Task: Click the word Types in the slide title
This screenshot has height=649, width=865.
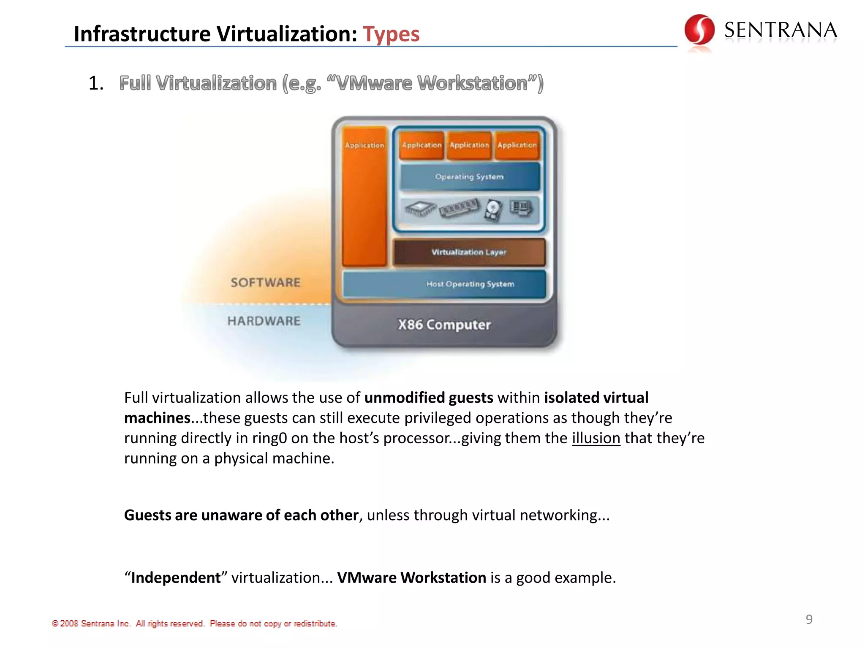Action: point(391,34)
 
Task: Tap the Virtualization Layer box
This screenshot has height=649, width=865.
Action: point(469,252)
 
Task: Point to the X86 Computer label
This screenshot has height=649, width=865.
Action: point(444,324)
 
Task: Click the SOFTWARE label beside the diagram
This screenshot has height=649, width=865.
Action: point(265,282)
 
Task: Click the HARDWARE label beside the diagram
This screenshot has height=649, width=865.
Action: point(264,321)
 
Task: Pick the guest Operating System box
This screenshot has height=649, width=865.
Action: point(469,177)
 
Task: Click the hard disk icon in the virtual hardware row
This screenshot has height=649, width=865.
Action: point(493,210)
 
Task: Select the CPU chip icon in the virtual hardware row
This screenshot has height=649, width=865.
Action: point(420,208)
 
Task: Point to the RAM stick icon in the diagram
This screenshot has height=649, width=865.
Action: point(459,208)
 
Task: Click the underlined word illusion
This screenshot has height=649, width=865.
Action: point(596,438)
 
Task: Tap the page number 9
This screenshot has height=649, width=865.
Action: point(809,619)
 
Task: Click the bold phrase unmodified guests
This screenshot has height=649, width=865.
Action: point(429,398)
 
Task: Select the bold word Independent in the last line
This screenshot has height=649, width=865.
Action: point(176,578)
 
